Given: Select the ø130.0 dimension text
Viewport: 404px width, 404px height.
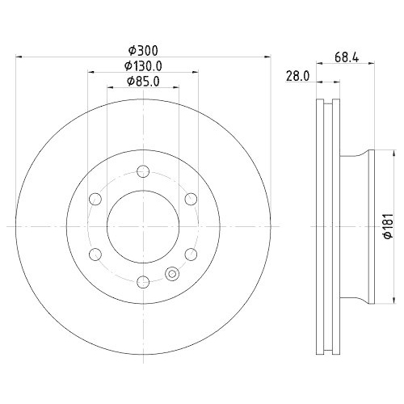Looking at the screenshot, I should click(142, 66).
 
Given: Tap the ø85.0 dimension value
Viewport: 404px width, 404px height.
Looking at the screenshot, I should click(142, 82).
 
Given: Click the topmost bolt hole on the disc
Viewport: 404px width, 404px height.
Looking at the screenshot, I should click(143, 170).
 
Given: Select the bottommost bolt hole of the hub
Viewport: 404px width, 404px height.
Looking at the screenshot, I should click(143, 281).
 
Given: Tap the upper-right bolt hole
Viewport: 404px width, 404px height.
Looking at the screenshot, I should click(191, 198).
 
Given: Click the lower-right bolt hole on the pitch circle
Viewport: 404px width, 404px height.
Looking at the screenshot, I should click(191, 254).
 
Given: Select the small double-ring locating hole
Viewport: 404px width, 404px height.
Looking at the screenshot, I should click(171, 274).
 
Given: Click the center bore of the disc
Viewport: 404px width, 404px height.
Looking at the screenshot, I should click(143, 226).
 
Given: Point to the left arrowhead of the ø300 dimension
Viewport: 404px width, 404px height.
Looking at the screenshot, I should click(19, 57).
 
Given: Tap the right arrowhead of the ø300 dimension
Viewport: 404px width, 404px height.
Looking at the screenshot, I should click(267, 57).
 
